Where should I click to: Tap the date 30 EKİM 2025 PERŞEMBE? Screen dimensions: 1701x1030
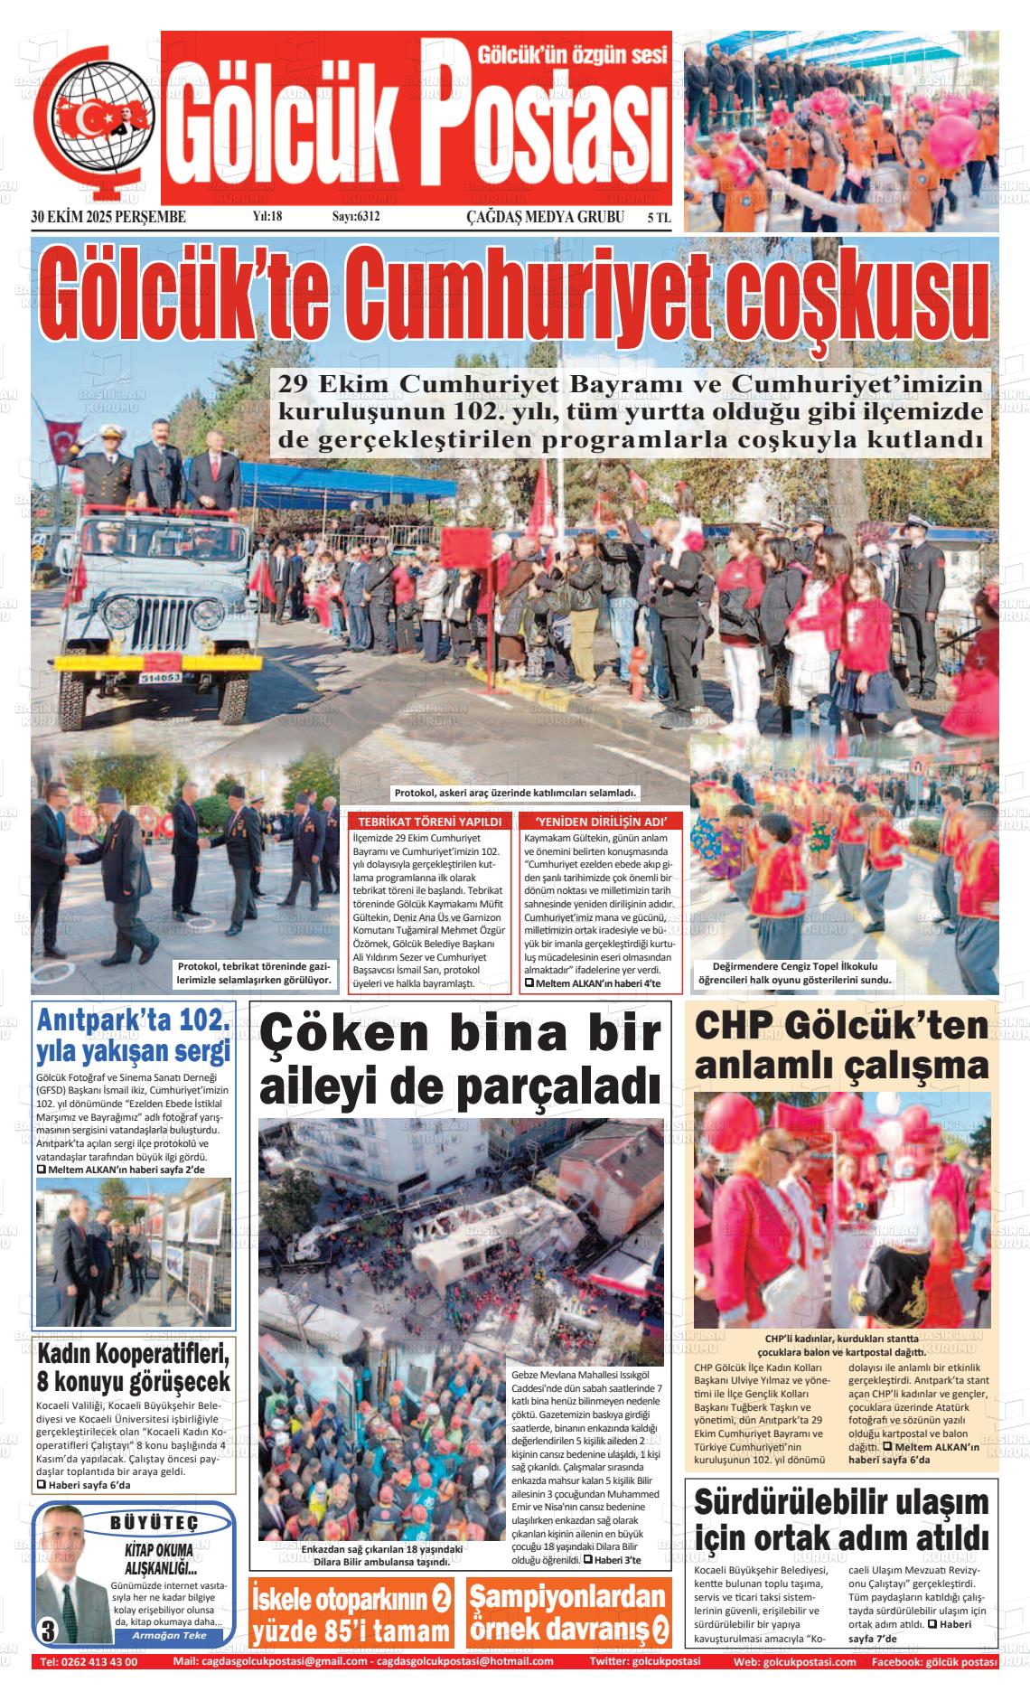[108, 217]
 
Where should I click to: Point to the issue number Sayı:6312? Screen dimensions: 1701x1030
[356, 217]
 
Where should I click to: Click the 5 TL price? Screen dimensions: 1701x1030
[659, 218]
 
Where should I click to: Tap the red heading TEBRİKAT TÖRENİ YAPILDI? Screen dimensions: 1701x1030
[429, 822]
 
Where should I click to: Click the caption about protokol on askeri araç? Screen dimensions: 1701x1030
[516, 793]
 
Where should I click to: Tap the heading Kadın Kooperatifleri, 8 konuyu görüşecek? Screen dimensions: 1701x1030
[133, 1369]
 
